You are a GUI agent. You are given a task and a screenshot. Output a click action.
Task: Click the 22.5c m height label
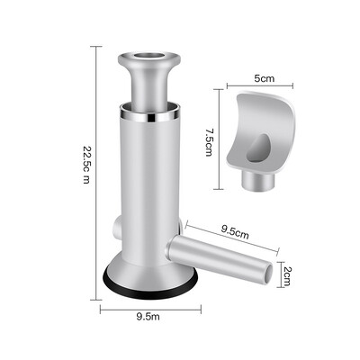click(86, 165)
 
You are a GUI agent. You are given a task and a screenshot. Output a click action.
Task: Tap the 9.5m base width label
click(148, 316)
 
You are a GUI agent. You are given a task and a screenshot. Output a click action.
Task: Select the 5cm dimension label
click(265, 78)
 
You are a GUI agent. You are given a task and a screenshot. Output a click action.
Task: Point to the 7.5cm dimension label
click(209, 142)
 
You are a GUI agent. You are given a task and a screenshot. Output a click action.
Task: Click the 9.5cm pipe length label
click(235, 232)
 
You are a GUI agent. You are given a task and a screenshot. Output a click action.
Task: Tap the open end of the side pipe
click(268, 274)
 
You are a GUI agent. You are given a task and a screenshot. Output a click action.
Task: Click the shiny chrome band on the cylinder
click(150, 116)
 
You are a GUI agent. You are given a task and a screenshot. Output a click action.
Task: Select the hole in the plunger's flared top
click(149, 56)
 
